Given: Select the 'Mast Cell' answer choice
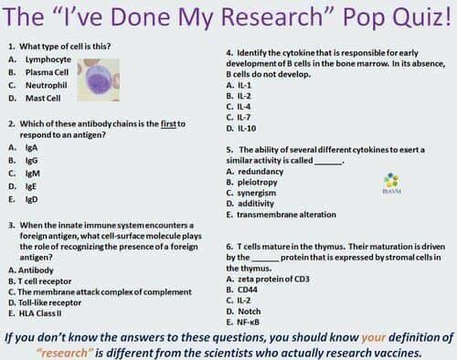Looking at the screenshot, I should click(x=46, y=97).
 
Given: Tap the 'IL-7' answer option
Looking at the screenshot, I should click(x=242, y=117).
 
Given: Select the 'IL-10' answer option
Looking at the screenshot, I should click(x=244, y=128).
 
